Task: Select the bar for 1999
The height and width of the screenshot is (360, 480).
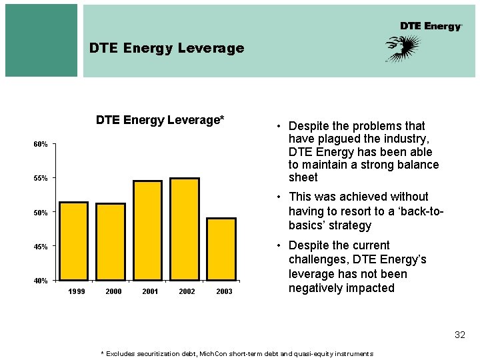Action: click(73, 241)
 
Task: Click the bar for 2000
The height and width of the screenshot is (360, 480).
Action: click(111, 241)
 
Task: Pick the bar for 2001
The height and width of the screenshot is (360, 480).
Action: click(147, 230)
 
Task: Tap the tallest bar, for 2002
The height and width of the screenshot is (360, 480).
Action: click(185, 229)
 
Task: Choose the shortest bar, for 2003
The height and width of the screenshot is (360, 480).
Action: click(221, 249)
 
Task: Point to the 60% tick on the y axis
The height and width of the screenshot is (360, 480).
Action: click(41, 145)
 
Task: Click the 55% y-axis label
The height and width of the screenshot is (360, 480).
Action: click(41, 179)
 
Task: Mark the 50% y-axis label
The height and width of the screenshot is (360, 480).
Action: click(41, 213)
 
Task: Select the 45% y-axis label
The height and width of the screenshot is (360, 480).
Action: click(41, 247)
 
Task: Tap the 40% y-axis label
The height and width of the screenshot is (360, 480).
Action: click(41, 281)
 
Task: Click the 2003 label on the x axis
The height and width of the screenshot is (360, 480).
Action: click(224, 292)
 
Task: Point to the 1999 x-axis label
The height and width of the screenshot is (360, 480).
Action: click(77, 292)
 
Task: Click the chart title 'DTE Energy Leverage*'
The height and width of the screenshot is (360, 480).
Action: click(160, 120)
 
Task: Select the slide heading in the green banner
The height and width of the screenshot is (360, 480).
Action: click(167, 48)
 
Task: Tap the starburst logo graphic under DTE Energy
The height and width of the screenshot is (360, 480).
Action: click(403, 48)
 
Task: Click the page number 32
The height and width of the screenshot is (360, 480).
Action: click(459, 335)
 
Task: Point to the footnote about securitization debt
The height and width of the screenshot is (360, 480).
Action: click(236, 353)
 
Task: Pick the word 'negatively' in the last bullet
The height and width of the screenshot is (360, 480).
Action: click(319, 288)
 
